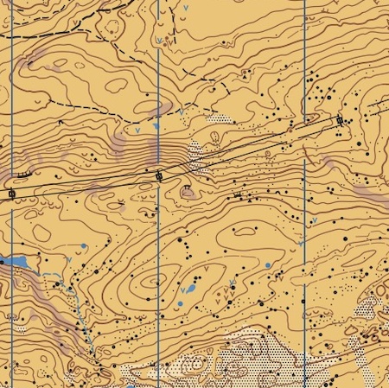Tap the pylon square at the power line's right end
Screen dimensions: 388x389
tap(340, 120)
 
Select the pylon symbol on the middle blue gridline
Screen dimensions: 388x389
tap(159, 176)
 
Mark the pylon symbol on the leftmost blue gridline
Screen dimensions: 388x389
tap(11, 194)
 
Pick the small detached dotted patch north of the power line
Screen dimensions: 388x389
tap(222, 119)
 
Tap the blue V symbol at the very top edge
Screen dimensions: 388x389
tap(188, 7)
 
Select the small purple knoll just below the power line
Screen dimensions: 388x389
tap(187, 191)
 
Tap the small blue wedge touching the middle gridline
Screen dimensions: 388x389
tap(156, 127)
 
